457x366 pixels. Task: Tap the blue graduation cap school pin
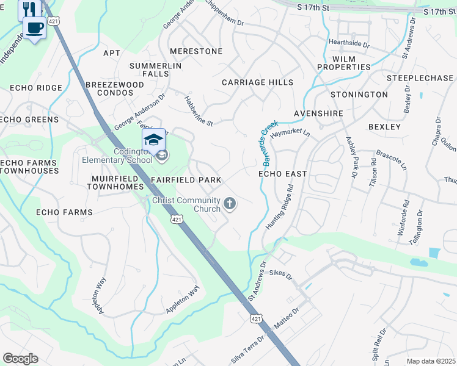click(x=153, y=140)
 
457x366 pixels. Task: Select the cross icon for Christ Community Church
click(x=230, y=203)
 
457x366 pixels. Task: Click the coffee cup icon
click(x=34, y=27)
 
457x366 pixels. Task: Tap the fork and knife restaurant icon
click(x=28, y=9)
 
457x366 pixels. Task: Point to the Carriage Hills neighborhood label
click(x=257, y=82)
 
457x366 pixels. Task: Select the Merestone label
click(x=196, y=51)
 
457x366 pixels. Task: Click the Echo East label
click(x=282, y=174)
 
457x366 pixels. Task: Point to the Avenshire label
click(x=318, y=113)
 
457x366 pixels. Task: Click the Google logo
click(x=20, y=359)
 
